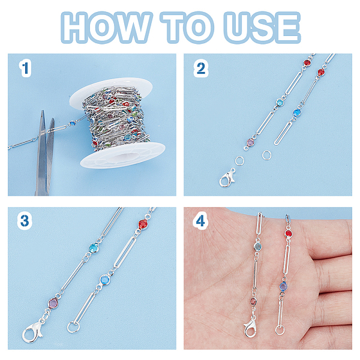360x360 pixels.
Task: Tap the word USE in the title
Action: [262, 27]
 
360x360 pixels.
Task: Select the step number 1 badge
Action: [25, 68]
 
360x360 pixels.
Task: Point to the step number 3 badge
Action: [25, 221]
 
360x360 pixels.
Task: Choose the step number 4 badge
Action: [200, 221]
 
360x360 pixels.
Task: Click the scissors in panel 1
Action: [45, 152]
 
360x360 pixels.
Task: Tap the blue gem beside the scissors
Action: [73, 123]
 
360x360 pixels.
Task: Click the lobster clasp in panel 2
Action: [227, 178]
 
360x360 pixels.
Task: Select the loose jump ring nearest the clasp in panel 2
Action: [239, 161]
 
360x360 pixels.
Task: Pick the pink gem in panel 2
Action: [250, 143]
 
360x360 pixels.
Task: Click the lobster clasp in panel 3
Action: [32, 331]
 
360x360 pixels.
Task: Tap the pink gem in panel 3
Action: [53, 303]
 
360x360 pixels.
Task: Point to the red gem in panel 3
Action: [143, 224]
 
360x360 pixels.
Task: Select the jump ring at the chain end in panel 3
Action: [73, 327]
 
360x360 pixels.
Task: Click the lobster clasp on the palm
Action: [250, 326]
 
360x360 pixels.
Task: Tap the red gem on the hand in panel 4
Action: [288, 234]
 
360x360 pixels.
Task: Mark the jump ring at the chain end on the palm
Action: [280, 330]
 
